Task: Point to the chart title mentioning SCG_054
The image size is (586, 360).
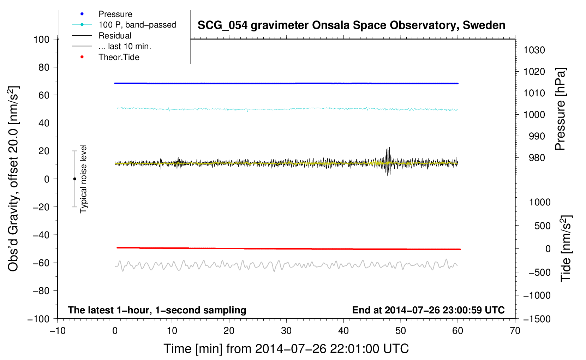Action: coord(351,25)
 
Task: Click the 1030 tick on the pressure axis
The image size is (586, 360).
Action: coord(534,50)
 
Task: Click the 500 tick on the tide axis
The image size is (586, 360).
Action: coord(542,226)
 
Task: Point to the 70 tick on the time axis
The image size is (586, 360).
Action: coord(515,331)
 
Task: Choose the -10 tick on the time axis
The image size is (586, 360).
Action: coord(58,331)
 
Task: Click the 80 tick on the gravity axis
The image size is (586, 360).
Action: coord(44,67)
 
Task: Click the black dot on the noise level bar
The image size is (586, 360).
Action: coord(74,179)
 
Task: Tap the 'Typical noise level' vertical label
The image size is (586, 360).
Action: coord(83,179)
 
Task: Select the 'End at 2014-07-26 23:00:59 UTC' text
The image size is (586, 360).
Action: coord(428,310)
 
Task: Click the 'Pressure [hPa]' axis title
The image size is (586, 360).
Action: coord(560,109)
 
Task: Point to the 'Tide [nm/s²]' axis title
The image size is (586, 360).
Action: coord(566,248)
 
